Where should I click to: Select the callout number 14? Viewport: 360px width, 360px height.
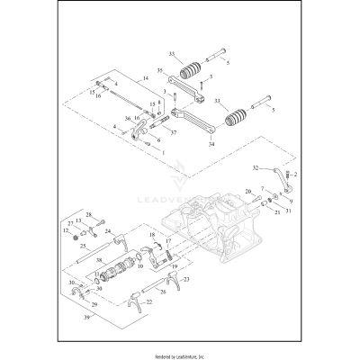pos(145,80)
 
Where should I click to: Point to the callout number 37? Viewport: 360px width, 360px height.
pos(173,131)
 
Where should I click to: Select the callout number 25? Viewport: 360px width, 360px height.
pos(83,246)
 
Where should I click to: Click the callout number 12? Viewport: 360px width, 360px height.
pos(66,231)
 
